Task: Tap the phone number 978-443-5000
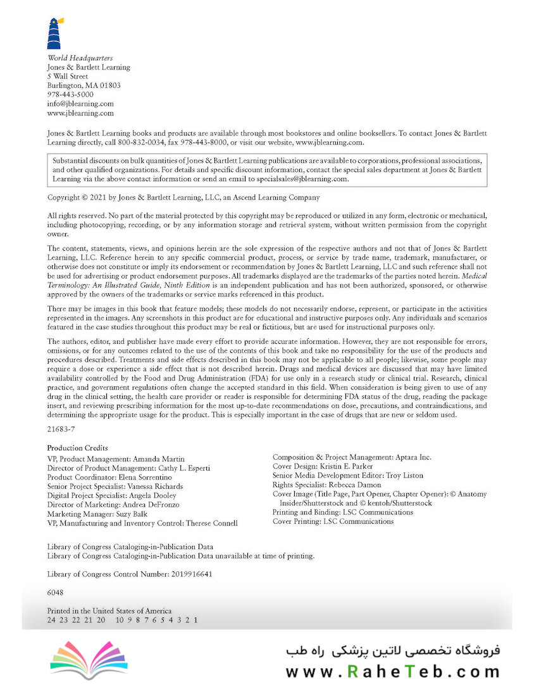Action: click(x=70, y=94)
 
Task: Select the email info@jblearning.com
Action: click(x=80, y=104)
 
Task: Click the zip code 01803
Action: click(x=111, y=85)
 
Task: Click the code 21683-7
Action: click(x=61, y=428)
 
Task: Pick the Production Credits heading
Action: click(x=78, y=448)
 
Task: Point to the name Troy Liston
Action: click(x=405, y=476)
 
